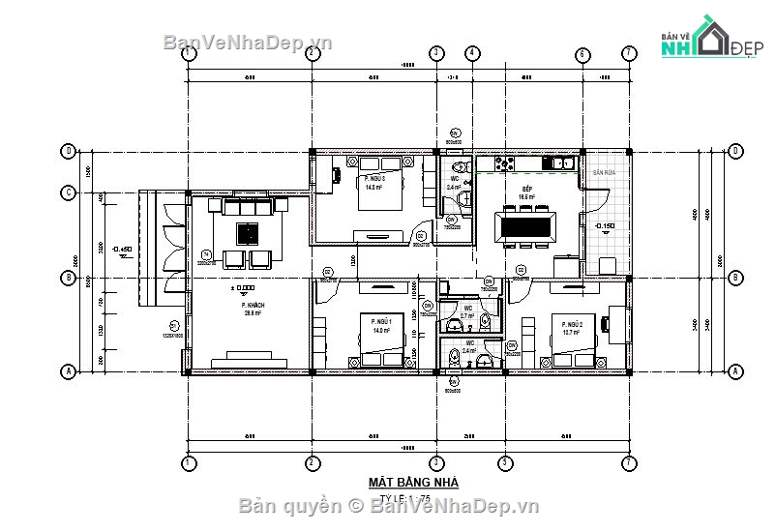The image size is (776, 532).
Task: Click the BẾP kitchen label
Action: pos(526,190)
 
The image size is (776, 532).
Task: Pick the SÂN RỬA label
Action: pos(604,172)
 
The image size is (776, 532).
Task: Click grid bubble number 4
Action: pos(471,53)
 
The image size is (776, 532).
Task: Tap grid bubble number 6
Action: pos(583,53)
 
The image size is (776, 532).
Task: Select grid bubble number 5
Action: pos(503,463)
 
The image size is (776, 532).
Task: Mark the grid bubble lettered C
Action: pos(69,192)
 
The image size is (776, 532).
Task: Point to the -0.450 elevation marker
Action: pos(123,250)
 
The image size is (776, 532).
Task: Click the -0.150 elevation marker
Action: pos(605,226)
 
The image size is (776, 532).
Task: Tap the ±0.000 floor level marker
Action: pos(242,288)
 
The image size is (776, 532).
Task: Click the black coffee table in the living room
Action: pos(248,233)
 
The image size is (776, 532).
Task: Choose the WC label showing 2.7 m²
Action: pos(467,311)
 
